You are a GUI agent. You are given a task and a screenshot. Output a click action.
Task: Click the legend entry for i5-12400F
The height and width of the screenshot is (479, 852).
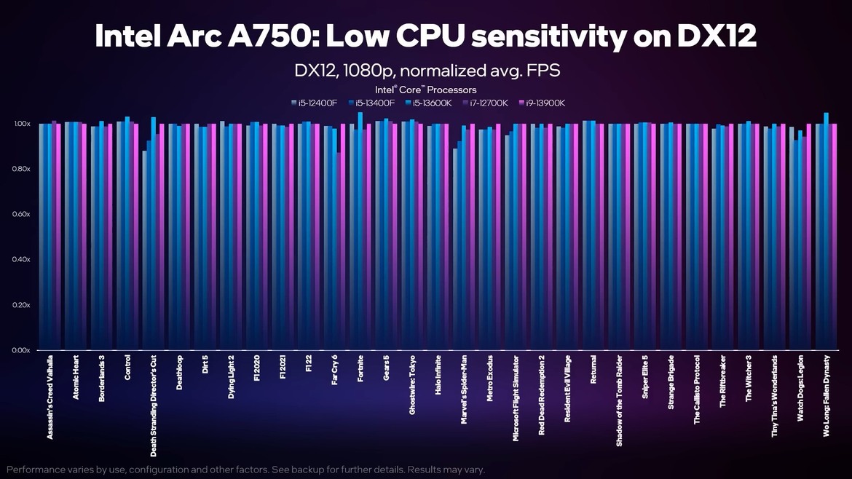(314, 103)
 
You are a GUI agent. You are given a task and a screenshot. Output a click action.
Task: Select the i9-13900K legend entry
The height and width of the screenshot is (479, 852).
(540, 103)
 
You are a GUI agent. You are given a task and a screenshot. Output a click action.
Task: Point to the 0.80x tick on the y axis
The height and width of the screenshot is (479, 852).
(20, 170)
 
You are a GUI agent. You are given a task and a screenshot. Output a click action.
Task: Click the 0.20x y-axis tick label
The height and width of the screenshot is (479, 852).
(20, 305)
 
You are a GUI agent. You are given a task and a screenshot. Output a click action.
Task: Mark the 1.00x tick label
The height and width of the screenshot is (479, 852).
(20, 124)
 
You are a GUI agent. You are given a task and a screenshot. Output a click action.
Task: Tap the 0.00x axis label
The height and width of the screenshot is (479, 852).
(20, 350)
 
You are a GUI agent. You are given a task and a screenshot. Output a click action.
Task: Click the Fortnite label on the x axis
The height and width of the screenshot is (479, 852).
(360, 373)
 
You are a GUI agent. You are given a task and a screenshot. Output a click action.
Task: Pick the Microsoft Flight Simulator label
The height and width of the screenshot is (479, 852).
(516, 397)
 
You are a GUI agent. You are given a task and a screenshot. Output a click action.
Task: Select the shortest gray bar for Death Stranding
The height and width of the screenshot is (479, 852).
(144, 248)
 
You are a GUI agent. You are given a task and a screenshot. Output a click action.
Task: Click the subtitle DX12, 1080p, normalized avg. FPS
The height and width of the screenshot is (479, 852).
(426, 71)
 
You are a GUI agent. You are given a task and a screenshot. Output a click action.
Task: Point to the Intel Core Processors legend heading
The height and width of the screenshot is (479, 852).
(426, 90)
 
